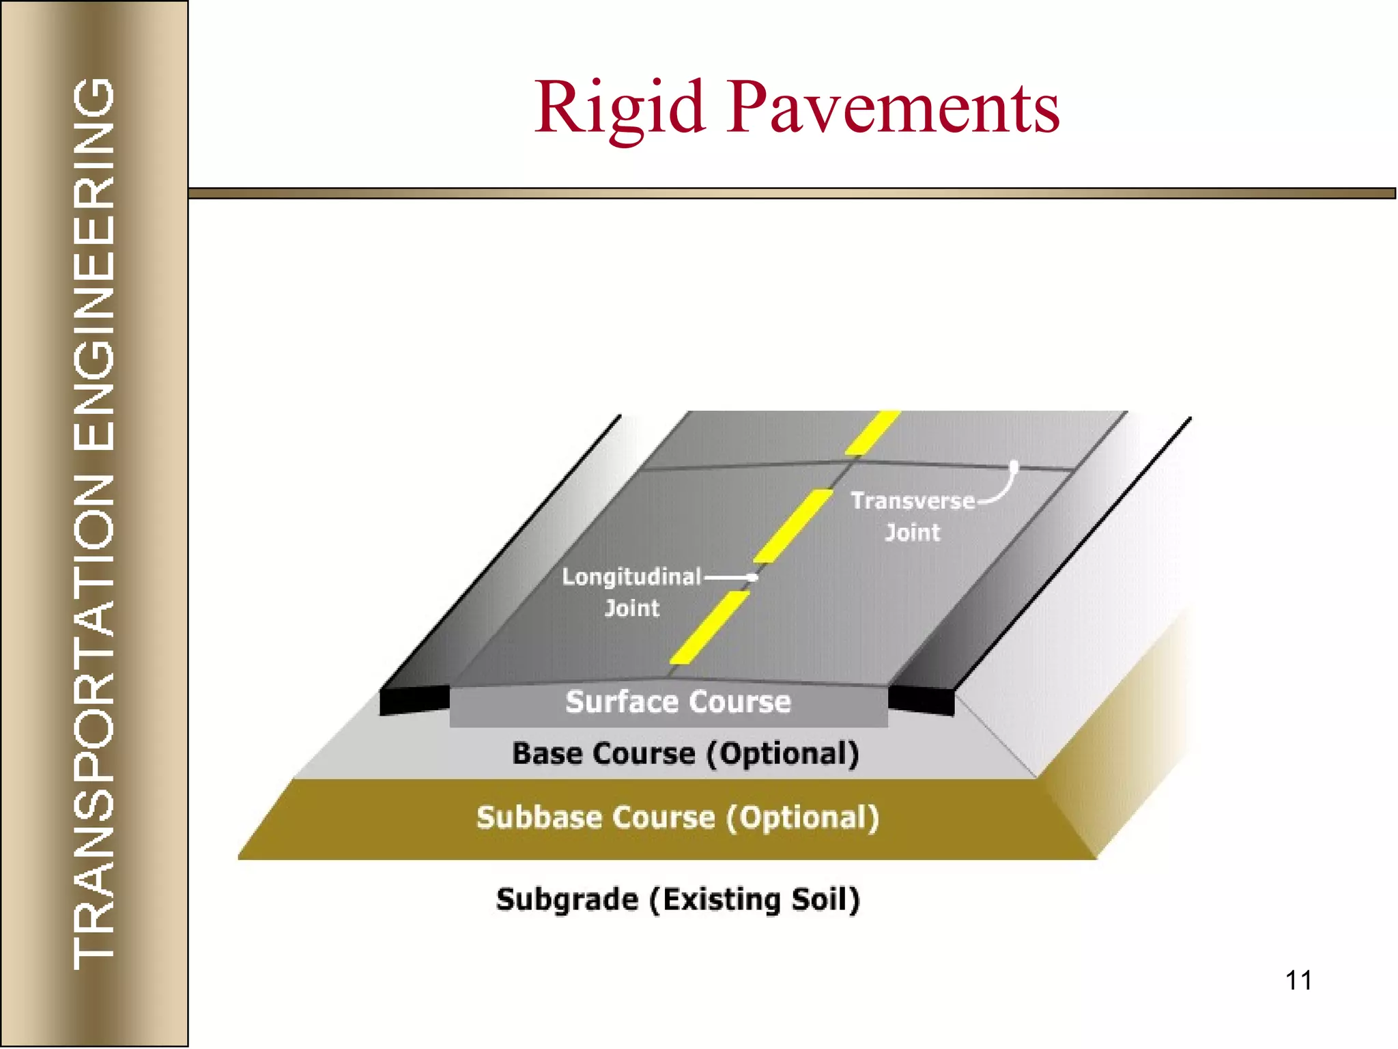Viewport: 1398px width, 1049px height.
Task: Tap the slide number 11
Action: [1298, 980]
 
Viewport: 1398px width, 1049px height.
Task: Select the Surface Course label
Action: [678, 702]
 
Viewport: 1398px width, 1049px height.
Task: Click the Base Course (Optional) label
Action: [685, 754]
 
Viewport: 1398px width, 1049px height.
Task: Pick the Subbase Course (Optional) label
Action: [677, 817]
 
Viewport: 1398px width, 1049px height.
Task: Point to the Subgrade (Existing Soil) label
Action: [677, 899]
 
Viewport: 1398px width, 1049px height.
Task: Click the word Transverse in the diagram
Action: [913, 501]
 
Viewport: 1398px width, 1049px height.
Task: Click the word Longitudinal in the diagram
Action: [631, 577]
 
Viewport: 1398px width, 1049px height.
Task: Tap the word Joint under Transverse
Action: [913, 532]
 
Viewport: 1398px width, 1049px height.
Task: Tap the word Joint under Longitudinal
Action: [632, 608]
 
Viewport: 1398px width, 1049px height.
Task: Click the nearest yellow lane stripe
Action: [710, 627]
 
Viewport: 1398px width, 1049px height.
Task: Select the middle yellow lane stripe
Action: [793, 525]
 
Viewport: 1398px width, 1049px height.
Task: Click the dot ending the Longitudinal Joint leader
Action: [753, 577]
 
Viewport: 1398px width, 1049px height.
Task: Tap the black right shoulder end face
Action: [921, 701]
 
